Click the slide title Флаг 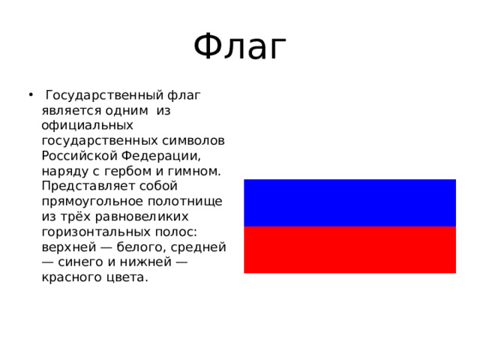(240, 48)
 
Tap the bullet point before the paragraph (29, 95)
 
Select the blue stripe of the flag (349, 202)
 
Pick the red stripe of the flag (349, 250)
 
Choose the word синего (82, 262)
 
